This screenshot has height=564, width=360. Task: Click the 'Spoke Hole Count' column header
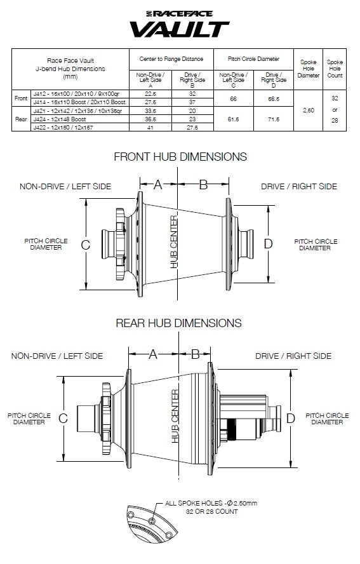point(334,69)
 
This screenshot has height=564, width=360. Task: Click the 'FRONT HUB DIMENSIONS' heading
point(180,157)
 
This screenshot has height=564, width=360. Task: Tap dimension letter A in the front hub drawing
point(158,185)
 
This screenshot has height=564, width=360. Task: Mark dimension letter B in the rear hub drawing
point(196,353)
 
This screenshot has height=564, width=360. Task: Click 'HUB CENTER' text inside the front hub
point(174,242)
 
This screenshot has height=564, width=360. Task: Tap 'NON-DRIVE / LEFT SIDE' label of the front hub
point(65,187)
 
